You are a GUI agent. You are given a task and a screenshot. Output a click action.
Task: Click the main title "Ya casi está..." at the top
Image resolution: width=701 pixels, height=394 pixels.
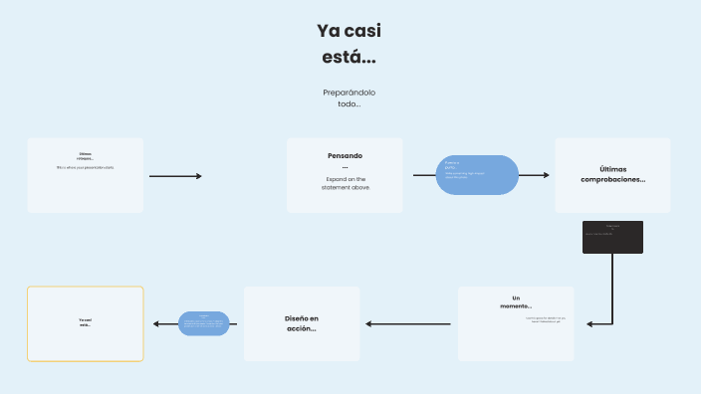pos(349,45)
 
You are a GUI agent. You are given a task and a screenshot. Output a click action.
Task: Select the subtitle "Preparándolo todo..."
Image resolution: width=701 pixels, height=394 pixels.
pos(349,98)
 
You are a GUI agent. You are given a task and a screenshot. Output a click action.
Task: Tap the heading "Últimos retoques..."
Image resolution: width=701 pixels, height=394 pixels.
pos(86,156)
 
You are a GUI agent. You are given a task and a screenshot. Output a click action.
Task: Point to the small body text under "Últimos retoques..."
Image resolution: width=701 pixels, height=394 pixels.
pos(86,167)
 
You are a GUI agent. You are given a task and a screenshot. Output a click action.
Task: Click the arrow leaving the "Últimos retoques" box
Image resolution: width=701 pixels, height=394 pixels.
pos(175,176)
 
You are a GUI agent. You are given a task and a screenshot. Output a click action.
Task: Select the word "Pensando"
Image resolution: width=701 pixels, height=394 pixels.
pos(345,155)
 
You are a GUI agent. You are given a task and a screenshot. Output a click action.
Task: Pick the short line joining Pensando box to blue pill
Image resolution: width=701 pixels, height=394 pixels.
pos(424,176)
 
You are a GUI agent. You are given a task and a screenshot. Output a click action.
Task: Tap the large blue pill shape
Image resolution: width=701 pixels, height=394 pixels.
pos(479,176)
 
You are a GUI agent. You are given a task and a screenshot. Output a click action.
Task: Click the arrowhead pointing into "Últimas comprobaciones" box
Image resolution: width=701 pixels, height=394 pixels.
pos(546,176)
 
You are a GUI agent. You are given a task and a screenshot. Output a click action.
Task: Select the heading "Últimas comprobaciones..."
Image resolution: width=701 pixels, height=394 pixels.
pos(612,174)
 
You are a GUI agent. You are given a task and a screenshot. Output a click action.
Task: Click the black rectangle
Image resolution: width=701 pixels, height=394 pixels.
pos(612,237)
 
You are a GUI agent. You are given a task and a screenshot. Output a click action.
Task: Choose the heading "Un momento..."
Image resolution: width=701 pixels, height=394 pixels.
pos(516,301)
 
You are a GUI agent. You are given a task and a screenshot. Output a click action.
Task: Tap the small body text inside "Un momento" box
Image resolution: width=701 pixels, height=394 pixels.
pos(545,320)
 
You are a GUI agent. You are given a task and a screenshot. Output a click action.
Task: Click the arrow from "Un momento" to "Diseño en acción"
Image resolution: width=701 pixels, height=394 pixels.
pos(408,323)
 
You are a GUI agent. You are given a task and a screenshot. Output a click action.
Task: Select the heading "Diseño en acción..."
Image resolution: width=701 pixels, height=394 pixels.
pos(302,323)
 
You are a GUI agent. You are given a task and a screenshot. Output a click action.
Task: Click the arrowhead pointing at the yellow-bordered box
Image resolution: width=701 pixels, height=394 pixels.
pos(156,323)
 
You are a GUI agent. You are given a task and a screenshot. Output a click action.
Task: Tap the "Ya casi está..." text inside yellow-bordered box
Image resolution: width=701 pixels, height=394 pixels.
pos(86,322)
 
